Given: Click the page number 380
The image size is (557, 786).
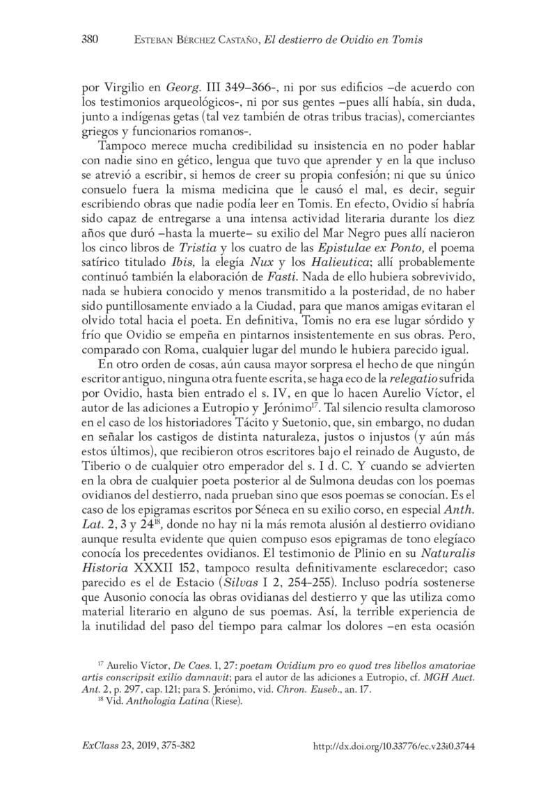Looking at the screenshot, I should click(90, 40).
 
